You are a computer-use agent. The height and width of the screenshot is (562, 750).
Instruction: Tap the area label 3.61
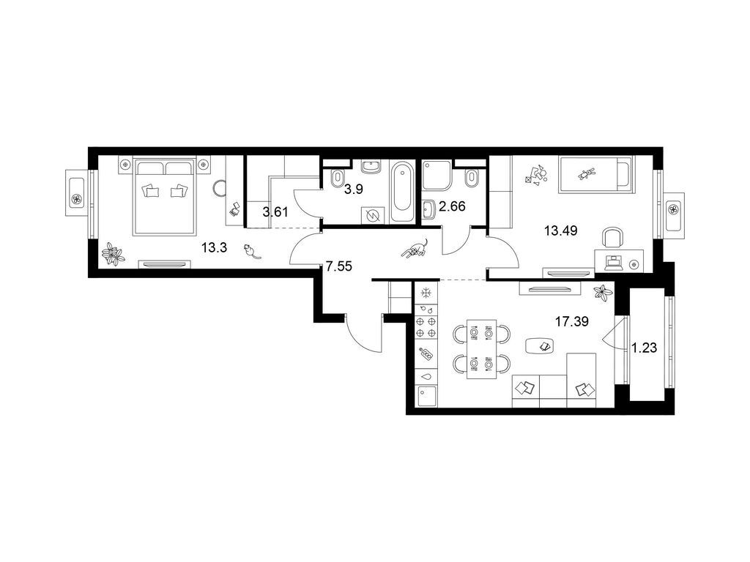[275, 211]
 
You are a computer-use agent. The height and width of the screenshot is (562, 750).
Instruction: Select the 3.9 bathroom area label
[354, 190]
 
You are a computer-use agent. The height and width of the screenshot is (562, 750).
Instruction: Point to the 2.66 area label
[452, 207]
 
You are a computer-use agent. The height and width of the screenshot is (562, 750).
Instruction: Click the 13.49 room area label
[560, 231]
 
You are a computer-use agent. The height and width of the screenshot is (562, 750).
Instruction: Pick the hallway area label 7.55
[338, 266]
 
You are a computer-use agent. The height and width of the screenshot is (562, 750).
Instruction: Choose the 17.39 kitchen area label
[571, 321]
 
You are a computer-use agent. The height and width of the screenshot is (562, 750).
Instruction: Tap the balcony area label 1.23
[645, 348]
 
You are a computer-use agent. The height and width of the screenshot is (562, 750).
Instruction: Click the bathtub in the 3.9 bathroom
[401, 192]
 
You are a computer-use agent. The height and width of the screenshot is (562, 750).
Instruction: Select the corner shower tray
[437, 176]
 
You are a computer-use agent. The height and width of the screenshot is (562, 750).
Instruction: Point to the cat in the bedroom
[252, 252]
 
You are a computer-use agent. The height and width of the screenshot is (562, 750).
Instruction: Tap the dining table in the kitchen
[481, 348]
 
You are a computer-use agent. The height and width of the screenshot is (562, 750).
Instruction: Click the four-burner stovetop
[426, 327]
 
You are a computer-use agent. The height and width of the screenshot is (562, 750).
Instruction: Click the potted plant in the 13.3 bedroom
[113, 253]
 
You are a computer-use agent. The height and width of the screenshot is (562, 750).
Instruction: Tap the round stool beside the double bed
[220, 187]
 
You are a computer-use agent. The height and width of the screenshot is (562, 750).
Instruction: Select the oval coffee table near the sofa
[541, 345]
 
